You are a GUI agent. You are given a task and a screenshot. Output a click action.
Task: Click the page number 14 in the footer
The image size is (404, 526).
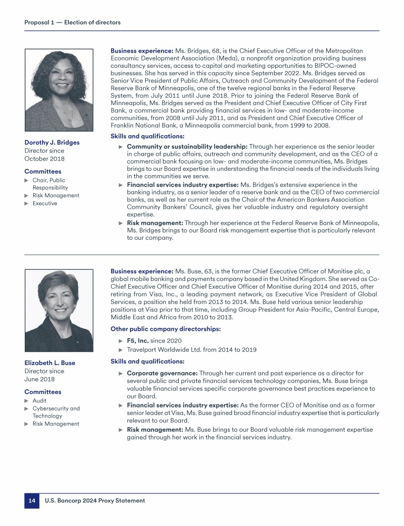[x=32, y=501]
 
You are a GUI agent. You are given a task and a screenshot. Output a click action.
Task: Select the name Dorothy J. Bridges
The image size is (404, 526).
[x=52, y=143]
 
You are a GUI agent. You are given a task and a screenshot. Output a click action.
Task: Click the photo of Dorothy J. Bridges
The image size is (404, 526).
[x=59, y=90]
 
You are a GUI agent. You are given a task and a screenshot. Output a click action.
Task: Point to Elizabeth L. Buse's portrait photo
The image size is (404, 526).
[x=59, y=310]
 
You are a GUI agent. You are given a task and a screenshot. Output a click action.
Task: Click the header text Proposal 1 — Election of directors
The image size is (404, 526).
[x=73, y=22]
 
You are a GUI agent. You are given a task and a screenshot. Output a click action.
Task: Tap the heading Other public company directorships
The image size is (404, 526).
[x=166, y=329]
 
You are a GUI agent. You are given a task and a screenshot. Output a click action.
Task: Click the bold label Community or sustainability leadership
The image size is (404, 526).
[x=187, y=146]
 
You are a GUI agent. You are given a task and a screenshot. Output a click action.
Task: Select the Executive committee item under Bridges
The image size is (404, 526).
[x=45, y=203]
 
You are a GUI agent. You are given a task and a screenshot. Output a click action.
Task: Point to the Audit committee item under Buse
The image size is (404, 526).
[x=39, y=400]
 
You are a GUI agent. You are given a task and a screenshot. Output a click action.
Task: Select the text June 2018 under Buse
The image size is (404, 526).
[x=39, y=379]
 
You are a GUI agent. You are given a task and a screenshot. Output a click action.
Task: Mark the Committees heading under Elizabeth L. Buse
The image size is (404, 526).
[x=43, y=392]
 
